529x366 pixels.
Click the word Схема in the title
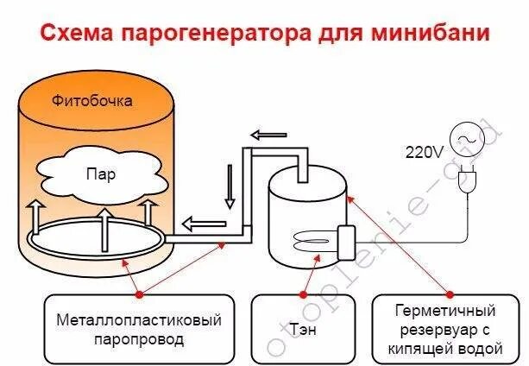pos(75,35)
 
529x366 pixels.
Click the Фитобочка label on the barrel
pos(104,101)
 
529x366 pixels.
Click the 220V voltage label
pos(425,152)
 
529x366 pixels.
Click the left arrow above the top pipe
pos(269,135)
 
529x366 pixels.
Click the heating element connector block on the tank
pos(348,239)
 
